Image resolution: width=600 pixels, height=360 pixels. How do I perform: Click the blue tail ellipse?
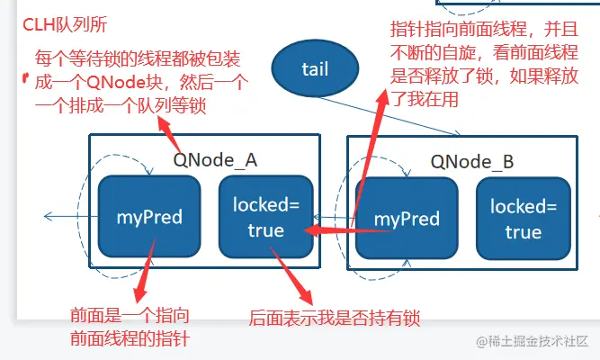coord(315,68)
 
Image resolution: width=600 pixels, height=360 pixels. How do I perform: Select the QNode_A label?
coord(215,160)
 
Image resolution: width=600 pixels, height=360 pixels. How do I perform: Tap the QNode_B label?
coord(471,162)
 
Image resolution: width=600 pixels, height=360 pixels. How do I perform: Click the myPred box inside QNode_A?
coord(149,217)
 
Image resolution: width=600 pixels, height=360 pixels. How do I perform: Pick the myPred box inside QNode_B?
coord(407,219)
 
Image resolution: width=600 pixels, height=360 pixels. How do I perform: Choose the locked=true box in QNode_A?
coord(266,217)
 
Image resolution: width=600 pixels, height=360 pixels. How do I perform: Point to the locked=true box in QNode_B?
coord(524,219)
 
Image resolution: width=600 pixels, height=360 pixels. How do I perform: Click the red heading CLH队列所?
coord(65,25)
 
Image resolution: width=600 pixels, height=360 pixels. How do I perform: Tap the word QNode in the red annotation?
coord(112,82)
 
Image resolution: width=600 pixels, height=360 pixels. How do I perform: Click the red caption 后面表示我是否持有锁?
coord(335,318)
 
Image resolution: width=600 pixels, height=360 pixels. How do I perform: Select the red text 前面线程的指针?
coord(130,338)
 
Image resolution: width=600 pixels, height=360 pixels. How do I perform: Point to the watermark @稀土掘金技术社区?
coord(533,341)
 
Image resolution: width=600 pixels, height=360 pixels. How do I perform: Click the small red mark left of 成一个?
coord(26,77)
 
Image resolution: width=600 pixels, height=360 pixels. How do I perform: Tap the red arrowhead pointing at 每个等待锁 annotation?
coord(165,124)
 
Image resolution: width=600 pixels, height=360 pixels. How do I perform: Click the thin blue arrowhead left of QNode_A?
coord(48,216)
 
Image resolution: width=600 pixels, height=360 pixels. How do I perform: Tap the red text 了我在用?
coord(425,99)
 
